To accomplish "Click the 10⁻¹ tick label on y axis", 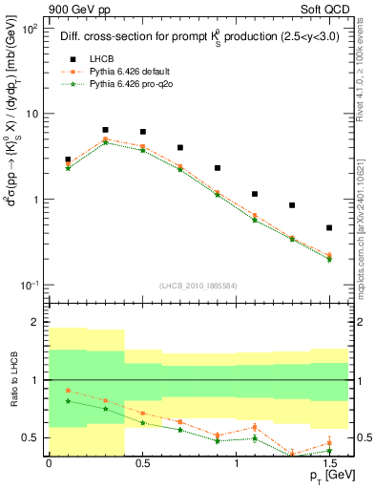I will click(x=28, y=286).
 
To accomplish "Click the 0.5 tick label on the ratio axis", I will click(x=33, y=437).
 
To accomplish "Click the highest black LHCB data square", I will click(x=105, y=130).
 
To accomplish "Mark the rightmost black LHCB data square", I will click(x=329, y=227).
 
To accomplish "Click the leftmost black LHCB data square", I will click(x=68, y=159).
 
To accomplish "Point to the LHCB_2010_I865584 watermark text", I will click(x=199, y=286).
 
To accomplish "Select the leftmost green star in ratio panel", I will click(x=68, y=401).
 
